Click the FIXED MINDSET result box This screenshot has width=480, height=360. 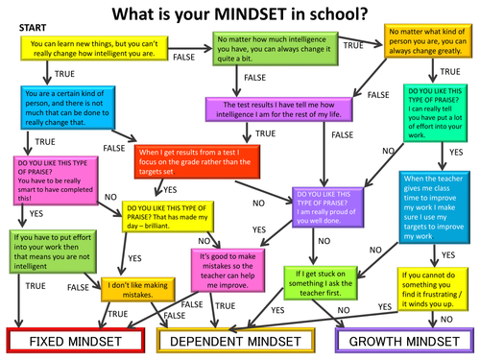click(73, 339)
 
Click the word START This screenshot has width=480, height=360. click(33, 30)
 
